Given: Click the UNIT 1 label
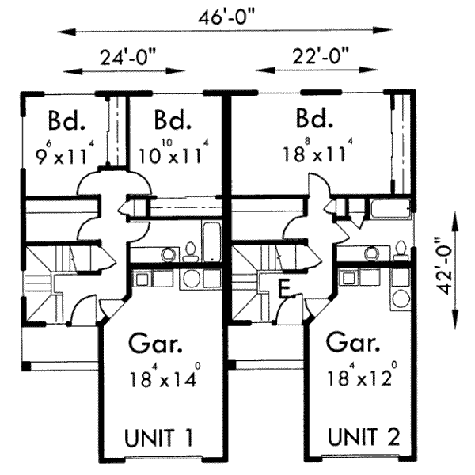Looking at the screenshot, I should coord(159,437).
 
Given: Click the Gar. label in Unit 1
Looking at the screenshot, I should coord(158,345).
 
